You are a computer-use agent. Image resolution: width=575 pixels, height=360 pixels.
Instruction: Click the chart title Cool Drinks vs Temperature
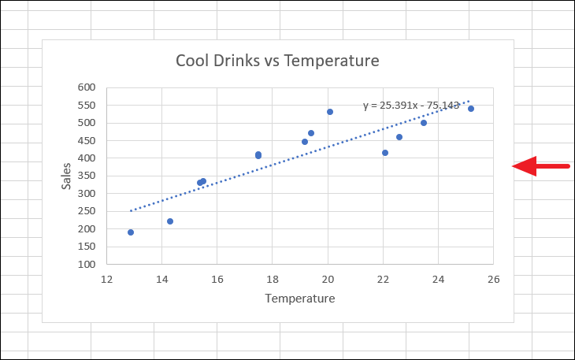click(x=277, y=61)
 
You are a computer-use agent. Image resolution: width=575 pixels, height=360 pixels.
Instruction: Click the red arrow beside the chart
click(x=540, y=165)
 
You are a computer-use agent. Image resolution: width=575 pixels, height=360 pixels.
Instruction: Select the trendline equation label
click(x=411, y=105)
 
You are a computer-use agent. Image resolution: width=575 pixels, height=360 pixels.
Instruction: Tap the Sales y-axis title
click(x=67, y=176)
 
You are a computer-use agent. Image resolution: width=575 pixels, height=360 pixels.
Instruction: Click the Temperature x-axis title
click(x=300, y=299)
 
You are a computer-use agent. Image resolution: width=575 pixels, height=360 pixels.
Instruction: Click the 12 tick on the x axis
click(x=106, y=278)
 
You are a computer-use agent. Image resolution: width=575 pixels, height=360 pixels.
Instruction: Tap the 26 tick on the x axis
click(x=494, y=278)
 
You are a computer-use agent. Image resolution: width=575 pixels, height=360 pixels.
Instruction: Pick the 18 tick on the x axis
click(x=273, y=278)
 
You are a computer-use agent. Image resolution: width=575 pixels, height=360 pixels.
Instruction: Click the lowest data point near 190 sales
click(x=131, y=232)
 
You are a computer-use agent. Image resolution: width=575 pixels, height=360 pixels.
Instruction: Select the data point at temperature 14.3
click(x=170, y=221)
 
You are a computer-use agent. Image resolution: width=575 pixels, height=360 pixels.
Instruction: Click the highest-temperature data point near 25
click(x=471, y=109)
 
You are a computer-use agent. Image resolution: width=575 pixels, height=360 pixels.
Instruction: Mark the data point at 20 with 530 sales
click(x=330, y=112)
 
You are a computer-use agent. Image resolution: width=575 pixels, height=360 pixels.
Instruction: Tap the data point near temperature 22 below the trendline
click(x=385, y=153)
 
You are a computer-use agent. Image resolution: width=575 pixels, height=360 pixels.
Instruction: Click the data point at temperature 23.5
click(x=424, y=123)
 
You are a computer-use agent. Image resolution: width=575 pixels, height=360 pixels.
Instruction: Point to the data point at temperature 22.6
click(x=399, y=137)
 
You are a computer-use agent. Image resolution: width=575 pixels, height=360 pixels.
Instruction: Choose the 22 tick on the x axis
click(x=383, y=278)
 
